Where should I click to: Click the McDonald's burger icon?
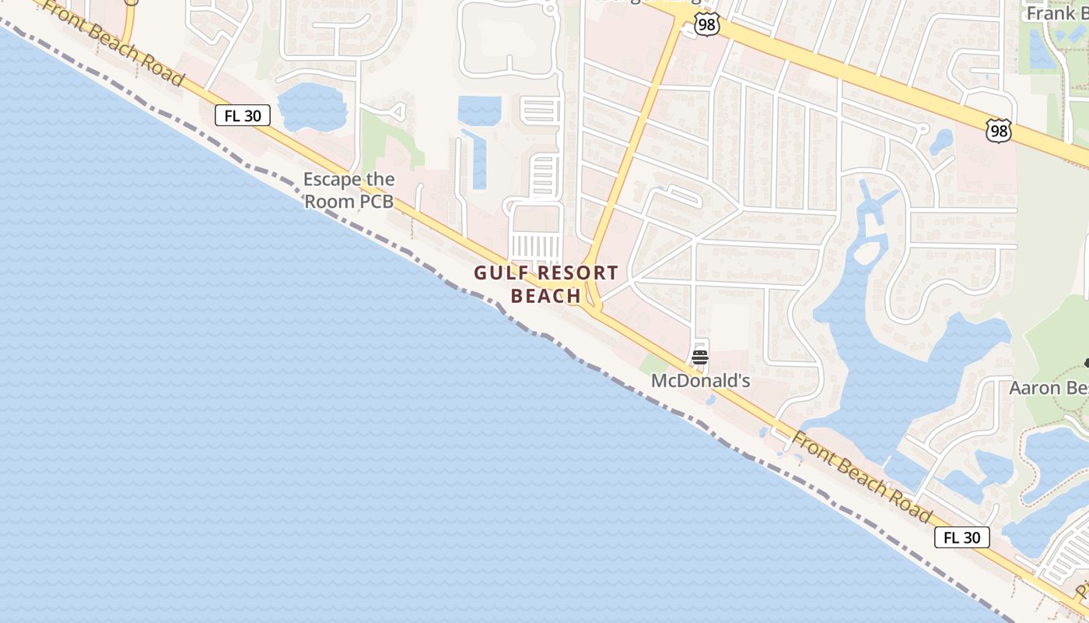point(699,357)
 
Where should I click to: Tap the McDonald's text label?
point(700,381)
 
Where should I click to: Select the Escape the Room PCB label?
point(348,190)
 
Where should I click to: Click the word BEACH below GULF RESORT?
point(546,296)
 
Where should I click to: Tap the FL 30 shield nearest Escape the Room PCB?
point(243,116)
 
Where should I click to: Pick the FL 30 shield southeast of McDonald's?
point(962,537)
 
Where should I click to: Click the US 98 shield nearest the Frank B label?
point(998,130)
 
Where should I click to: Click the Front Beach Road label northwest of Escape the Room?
point(114,44)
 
